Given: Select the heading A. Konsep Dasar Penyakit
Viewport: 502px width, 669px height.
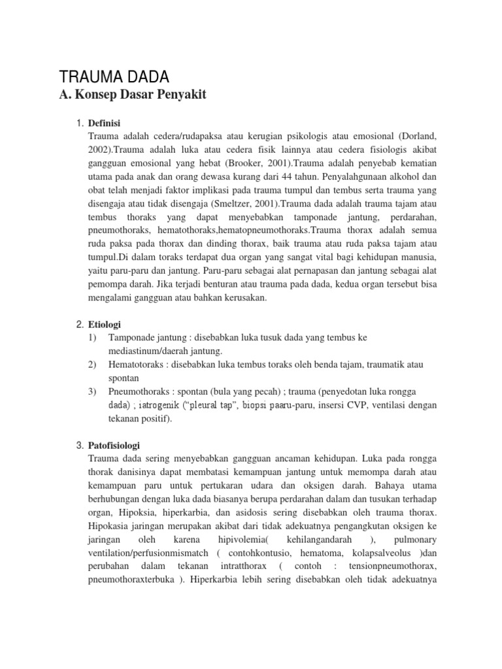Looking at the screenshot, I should click(133, 95).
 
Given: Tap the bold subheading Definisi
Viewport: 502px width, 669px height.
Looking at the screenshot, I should click(105, 123).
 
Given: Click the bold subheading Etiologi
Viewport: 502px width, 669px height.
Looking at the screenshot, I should click(105, 324).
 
